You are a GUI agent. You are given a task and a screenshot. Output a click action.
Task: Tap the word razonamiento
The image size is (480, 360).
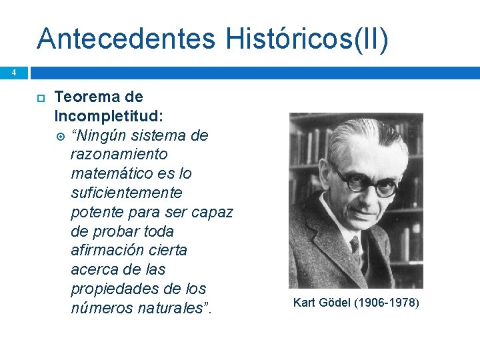click(x=119, y=155)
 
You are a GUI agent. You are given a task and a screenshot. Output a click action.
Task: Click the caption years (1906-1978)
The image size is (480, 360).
click(x=387, y=303)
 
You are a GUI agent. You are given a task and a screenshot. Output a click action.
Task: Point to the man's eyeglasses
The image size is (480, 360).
click(x=364, y=182)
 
